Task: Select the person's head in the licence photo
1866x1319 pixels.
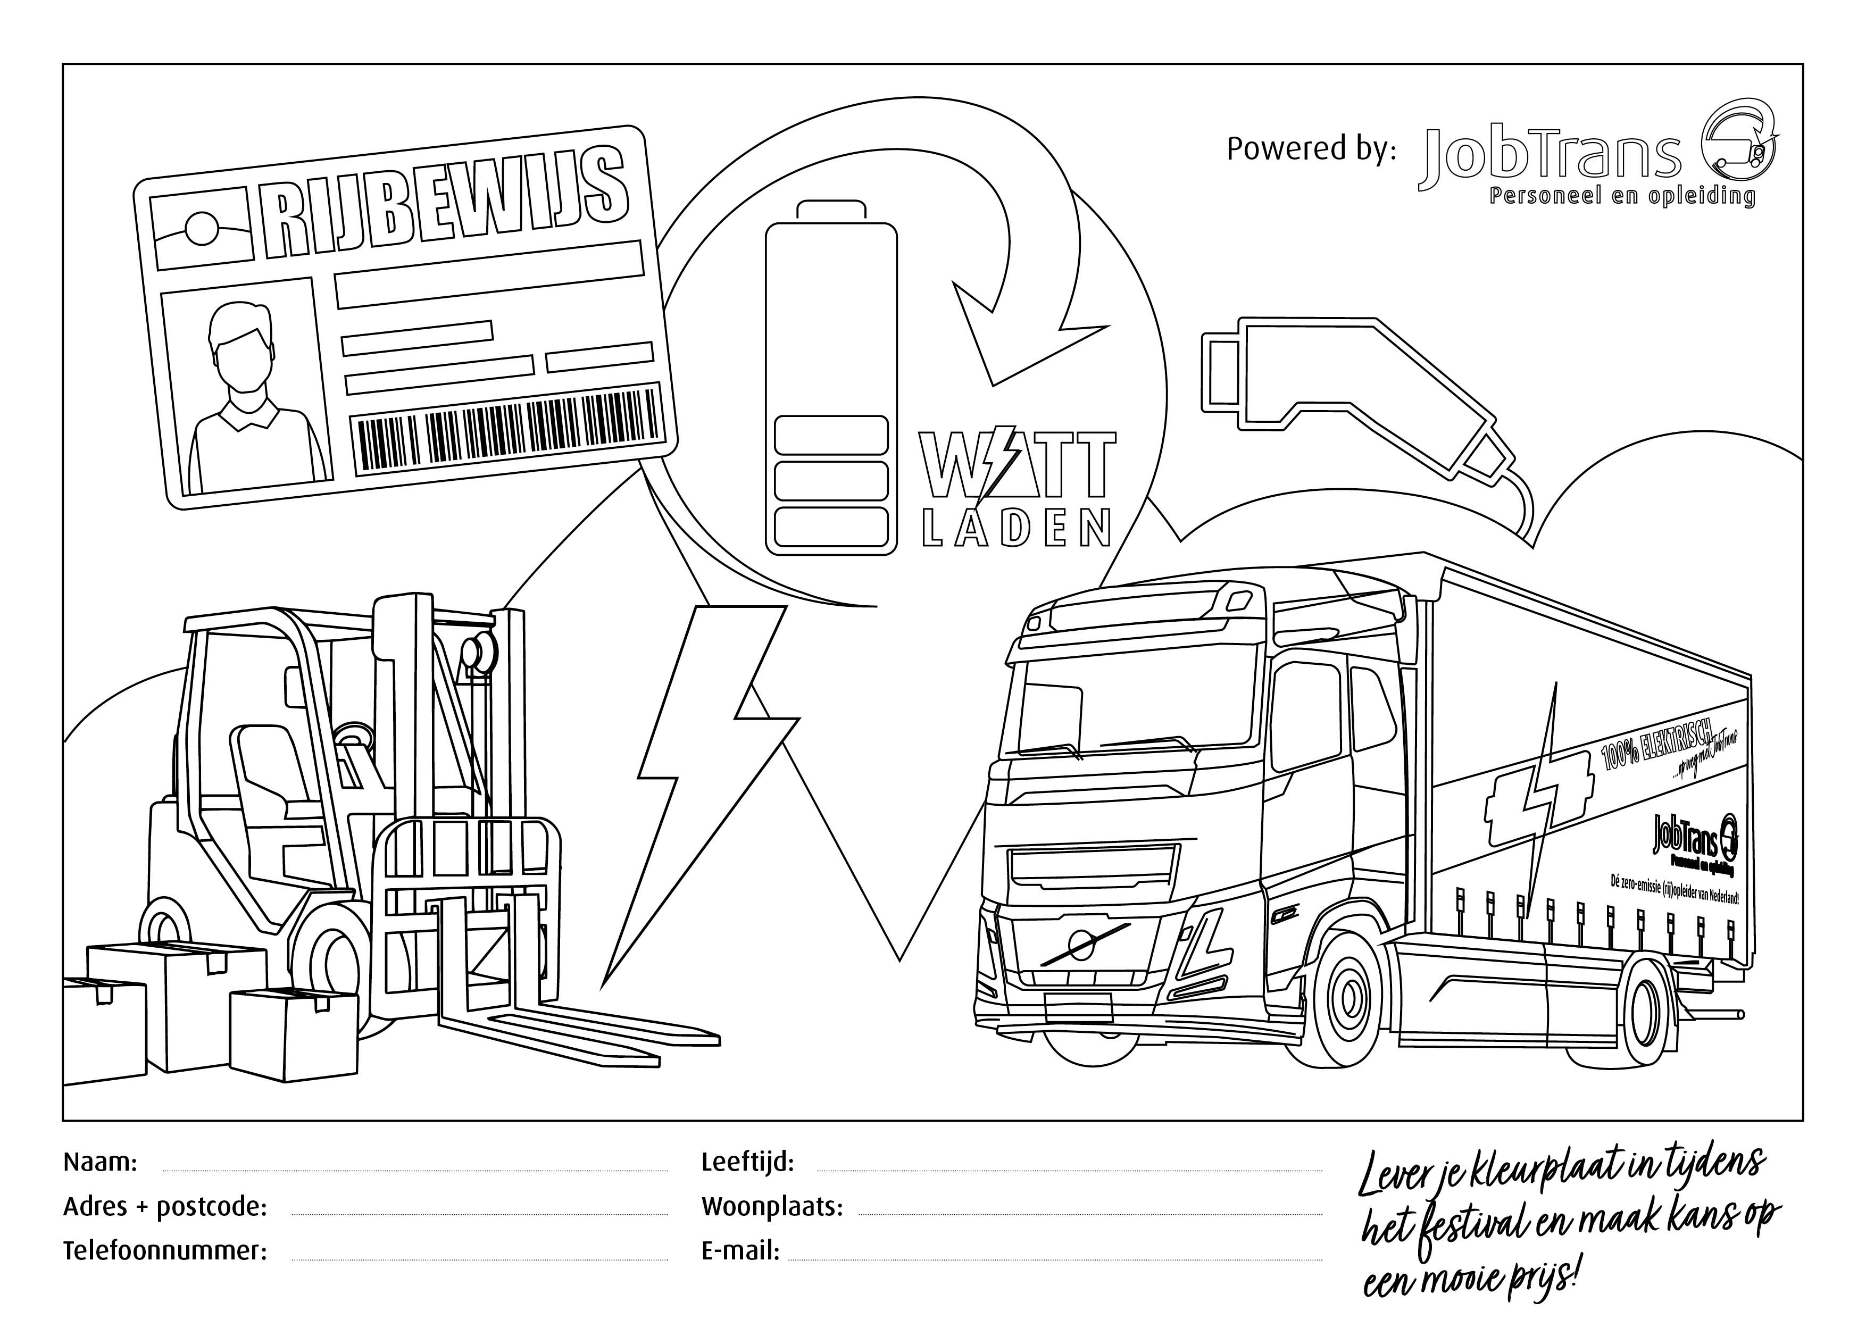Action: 238,345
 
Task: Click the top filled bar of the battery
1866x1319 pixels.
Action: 830,435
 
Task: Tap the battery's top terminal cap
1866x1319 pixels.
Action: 830,210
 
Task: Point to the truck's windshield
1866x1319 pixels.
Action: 1138,699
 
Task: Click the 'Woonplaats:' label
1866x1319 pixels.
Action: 772,1207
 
